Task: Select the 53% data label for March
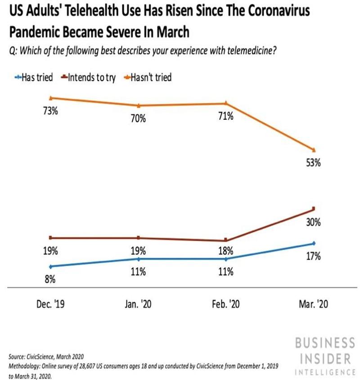tap(314, 164)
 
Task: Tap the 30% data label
tap(314, 222)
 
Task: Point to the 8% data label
tap(50, 280)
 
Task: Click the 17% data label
tap(314, 257)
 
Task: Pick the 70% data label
tap(138, 119)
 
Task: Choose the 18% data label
tap(226, 251)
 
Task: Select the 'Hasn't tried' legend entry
tap(150, 77)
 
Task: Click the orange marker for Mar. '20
tap(314, 150)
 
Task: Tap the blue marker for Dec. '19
tap(51, 266)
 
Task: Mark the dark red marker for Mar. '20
tap(314, 208)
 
